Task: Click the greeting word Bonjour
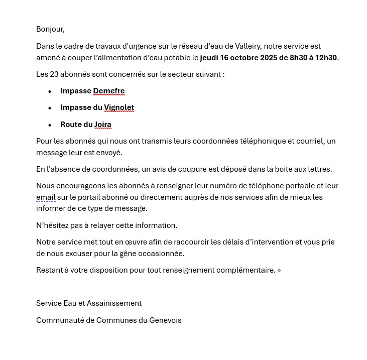(x=50, y=29)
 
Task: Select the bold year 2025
(x=269, y=58)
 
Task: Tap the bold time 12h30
(x=326, y=58)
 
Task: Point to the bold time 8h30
(x=298, y=58)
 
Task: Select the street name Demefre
(x=109, y=91)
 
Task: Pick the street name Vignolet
(x=119, y=107)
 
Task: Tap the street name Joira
(x=103, y=125)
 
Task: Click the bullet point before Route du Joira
(x=50, y=125)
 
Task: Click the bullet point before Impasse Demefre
(x=50, y=91)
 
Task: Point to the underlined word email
(x=46, y=197)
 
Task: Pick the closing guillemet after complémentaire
(x=279, y=270)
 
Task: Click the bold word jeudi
(x=209, y=58)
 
